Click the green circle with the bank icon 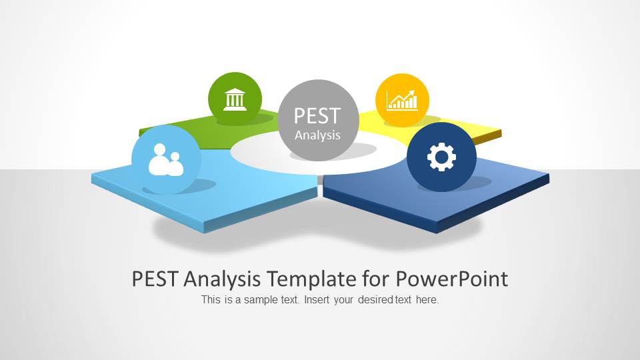point(235,99)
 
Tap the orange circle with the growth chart point(402,100)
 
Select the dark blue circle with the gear point(441,157)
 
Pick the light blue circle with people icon point(166,159)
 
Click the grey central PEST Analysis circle point(318,120)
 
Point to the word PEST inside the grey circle point(317,115)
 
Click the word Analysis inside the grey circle point(317,135)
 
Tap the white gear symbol point(441,157)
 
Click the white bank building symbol point(235,99)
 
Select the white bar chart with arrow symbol point(402,101)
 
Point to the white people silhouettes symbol point(166,160)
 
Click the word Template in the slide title point(311,279)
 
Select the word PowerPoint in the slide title point(452,279)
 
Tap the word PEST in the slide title point(155,279)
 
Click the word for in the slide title point(375,279)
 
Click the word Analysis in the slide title point(222,279)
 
